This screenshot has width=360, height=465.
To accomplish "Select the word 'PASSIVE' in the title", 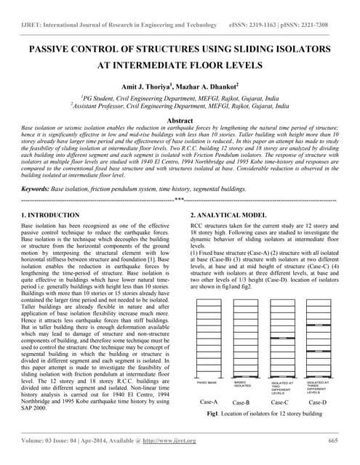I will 52,49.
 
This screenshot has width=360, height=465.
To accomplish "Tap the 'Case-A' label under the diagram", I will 208,401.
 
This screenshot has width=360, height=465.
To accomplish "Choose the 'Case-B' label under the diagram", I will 241,402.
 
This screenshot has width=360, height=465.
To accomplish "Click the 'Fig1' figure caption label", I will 213,413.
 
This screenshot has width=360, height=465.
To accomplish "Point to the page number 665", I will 333,440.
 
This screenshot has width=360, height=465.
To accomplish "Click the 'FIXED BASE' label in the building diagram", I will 207,382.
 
